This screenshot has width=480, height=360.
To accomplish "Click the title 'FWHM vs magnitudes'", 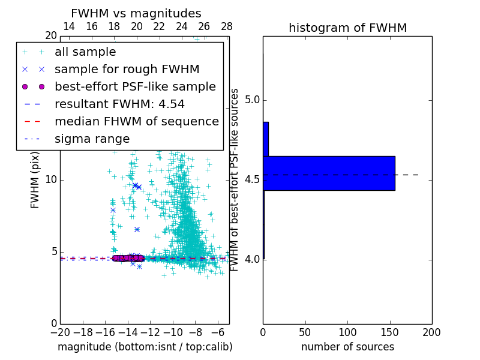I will click(136, 14).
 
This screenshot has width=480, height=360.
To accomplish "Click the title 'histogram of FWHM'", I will click(347, 28).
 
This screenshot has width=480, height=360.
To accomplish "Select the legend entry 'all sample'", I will click(85, 52).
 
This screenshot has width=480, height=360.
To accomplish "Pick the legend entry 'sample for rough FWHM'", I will click(127, 69).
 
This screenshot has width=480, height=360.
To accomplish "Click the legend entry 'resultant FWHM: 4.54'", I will click(118, 104).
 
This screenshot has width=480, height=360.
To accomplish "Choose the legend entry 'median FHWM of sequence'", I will click(136, 121).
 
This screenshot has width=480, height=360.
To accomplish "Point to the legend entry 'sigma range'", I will click(92, 139).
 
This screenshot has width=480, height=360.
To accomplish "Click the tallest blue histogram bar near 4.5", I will click(329, 173).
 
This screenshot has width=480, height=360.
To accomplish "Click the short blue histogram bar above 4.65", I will click(266, 139).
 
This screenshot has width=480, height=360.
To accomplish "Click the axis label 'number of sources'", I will click(347, 347).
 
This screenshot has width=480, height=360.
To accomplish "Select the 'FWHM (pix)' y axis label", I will click(35, 180).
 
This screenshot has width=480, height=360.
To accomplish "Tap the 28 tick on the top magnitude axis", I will click(227, 26).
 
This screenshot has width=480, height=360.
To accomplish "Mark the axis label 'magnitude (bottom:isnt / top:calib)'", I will click(145, 347).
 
